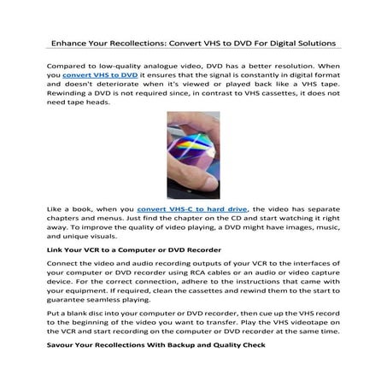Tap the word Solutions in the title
pyautogui.click(x=311, y=42)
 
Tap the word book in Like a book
pyautogui.click(x=89, y=232)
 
